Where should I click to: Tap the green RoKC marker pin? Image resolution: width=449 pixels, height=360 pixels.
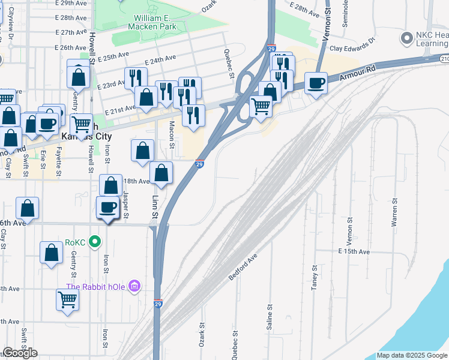(x=94, y=242)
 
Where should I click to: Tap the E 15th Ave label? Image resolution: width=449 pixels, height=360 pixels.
(x=354, y=251)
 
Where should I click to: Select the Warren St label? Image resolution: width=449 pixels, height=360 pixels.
(x=394, y=213)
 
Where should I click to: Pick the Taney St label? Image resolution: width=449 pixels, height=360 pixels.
(x=313, y=278)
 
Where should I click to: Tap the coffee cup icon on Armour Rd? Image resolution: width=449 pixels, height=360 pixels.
(x=316, y=83)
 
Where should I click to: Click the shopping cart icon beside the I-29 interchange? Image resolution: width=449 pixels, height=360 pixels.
(x=261, y=106)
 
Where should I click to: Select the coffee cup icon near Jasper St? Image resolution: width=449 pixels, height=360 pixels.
(x=108, y=207)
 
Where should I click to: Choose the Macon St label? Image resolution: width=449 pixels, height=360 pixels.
(x=172, y=134)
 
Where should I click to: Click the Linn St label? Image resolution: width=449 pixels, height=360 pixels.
(x=154, y=206)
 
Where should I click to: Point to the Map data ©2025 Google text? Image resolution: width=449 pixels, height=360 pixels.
(x=412, y=355)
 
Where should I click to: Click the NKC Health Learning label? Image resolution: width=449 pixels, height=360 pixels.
(x=432, y=39)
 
